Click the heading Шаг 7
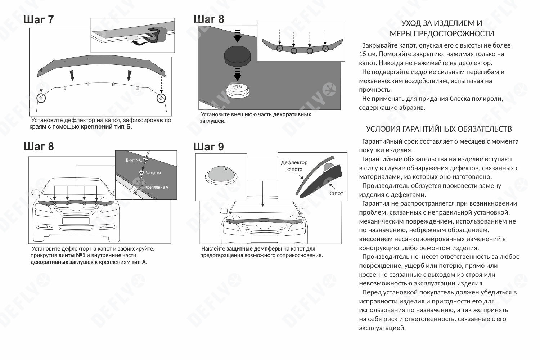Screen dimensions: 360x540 coord(39,19)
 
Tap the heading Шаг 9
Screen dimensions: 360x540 coord(208,147)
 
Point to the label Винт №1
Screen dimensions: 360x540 coord(134,160)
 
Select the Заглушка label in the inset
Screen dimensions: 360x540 coord(153,173)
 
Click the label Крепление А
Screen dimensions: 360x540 coord(156,187)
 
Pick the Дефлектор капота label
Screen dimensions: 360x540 coord(294,166)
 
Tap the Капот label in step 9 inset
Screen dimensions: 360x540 coord(336,193)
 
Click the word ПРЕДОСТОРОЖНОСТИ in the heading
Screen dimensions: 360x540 coord(442,34)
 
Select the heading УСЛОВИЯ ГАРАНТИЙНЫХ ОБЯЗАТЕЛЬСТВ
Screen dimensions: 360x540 coord(439,129)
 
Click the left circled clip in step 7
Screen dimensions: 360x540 coord(41,98)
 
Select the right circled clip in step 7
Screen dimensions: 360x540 coord(161,98)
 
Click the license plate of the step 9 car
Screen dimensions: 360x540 coord(264,239)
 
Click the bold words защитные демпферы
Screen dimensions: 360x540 coord(254,249)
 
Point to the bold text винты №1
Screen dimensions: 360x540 coord(72,255)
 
